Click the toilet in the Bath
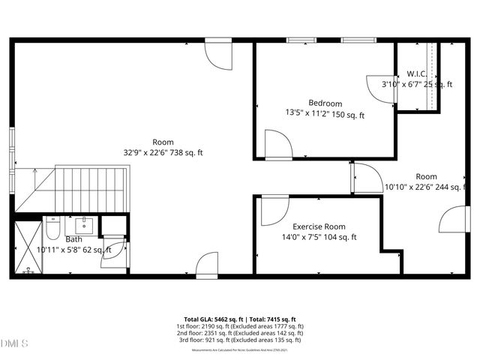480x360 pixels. pos(52,226)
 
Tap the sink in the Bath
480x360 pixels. pos(84,223)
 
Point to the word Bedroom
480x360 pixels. pos(325,103)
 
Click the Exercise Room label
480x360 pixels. pos(319,226)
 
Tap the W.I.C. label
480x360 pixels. pos(417,73)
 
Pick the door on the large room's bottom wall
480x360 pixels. pos(208,265)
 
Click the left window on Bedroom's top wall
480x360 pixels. pos(301,40)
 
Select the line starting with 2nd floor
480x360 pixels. pos(240,334)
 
